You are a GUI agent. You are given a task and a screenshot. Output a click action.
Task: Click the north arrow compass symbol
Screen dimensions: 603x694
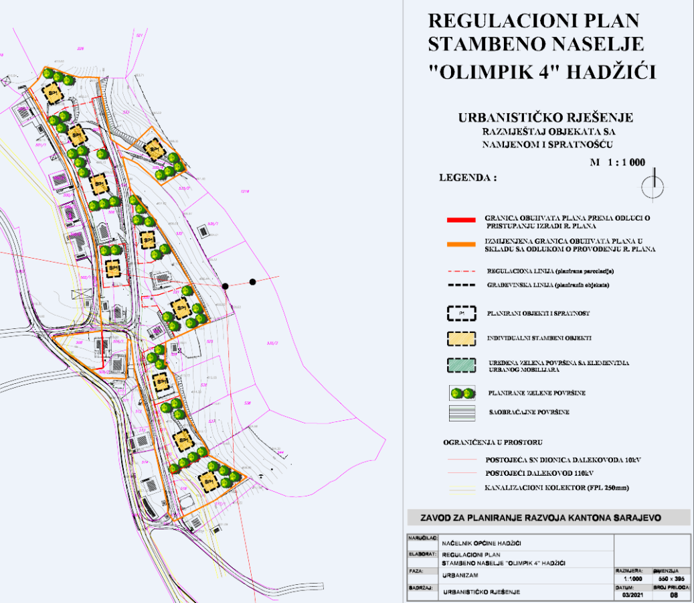tap(653, 187)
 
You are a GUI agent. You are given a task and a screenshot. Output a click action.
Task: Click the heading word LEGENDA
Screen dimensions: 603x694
tap(466, 179)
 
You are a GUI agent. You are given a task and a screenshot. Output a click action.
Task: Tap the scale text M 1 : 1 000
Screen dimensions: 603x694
tap(616, 162)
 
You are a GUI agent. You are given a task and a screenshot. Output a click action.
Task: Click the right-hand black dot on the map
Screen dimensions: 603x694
tap(252, 282)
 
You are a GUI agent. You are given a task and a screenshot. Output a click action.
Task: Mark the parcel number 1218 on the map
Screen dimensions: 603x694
tap(244, 192)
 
